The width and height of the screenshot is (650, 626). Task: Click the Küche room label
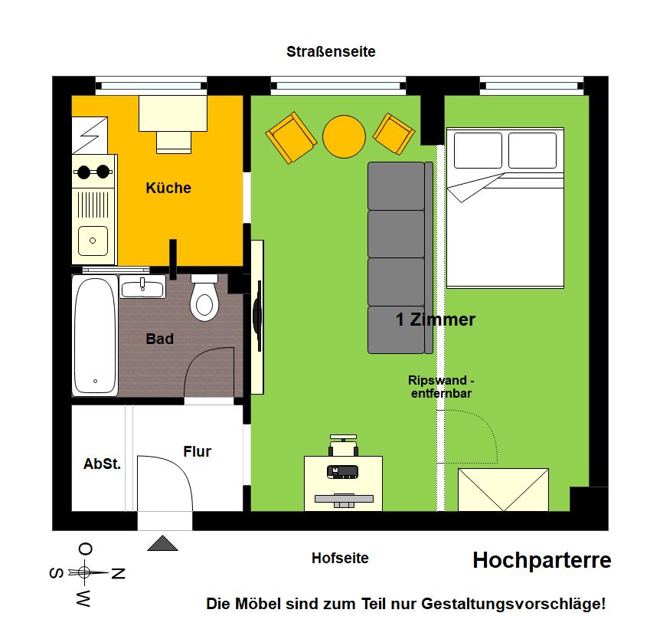168,188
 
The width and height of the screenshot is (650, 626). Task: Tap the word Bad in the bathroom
159,339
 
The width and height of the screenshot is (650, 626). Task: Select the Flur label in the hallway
198,451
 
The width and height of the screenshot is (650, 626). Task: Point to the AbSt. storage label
102,464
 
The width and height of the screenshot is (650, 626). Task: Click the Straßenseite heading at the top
331,52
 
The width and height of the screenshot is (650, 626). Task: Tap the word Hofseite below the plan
340,559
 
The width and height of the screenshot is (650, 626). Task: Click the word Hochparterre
542,560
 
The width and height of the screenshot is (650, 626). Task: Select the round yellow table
344,136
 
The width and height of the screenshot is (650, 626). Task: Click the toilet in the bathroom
204,299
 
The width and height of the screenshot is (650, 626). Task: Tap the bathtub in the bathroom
95,335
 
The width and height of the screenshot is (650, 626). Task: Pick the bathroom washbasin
142,287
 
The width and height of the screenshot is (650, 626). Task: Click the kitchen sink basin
93,241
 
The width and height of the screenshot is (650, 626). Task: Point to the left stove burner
83,172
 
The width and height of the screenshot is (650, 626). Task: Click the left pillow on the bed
478,150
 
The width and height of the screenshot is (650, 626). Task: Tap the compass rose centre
84,572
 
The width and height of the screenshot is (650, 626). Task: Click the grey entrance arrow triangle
162,543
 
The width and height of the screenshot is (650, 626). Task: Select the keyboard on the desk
344,499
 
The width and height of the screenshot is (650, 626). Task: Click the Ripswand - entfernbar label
441,387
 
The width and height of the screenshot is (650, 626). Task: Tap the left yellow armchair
291,138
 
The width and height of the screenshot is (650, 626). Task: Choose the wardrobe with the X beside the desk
503,490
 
